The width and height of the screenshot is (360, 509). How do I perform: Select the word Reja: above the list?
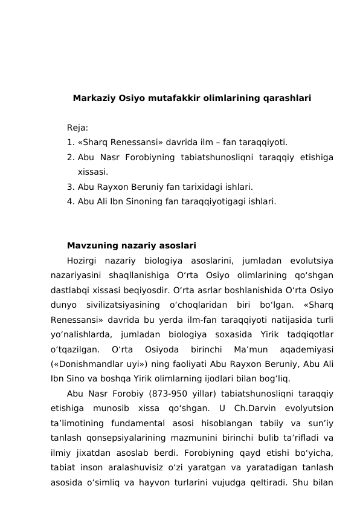77,128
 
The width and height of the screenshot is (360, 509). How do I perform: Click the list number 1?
70,143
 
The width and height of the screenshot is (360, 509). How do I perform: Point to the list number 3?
70,187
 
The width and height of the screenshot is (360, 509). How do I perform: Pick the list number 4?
70,201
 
